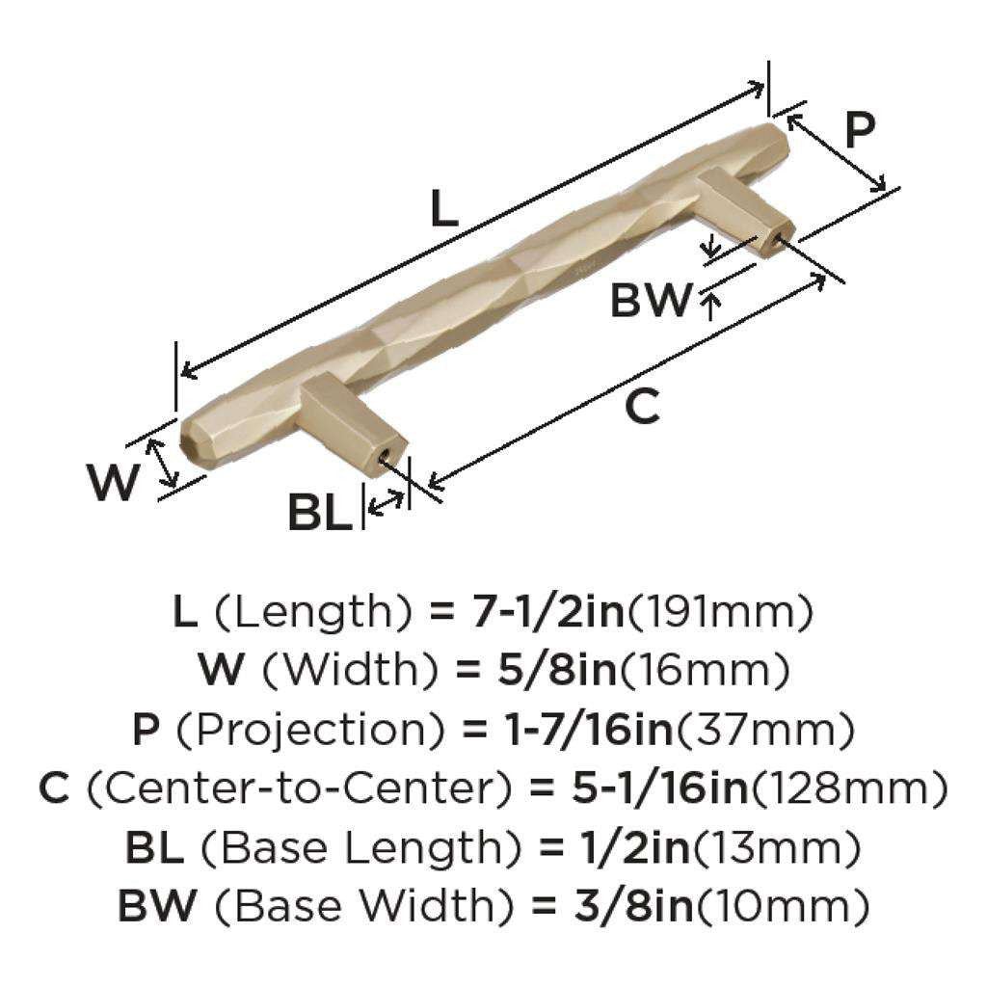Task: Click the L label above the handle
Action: pos(443,208)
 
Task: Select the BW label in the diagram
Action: pos(652,302)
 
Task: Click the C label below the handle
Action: pos(642,406)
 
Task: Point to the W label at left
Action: pos(115,482)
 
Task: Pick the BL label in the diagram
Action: pos(320,513)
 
